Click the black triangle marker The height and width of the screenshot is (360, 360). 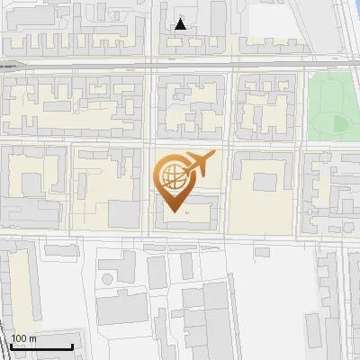point(181,24)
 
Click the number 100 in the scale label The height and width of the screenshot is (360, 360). point(19,339)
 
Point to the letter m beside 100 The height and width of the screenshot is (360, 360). point(32,339)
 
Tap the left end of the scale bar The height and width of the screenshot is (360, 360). point(11,347)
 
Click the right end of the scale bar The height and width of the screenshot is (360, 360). point(72,347)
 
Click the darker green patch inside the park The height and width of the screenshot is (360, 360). point(340,123)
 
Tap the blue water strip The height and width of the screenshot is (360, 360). point(349,27)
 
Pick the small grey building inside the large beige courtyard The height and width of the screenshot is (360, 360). point(265,181)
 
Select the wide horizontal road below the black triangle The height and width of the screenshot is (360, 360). point(180,67)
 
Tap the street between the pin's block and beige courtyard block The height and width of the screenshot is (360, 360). point(226,189)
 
